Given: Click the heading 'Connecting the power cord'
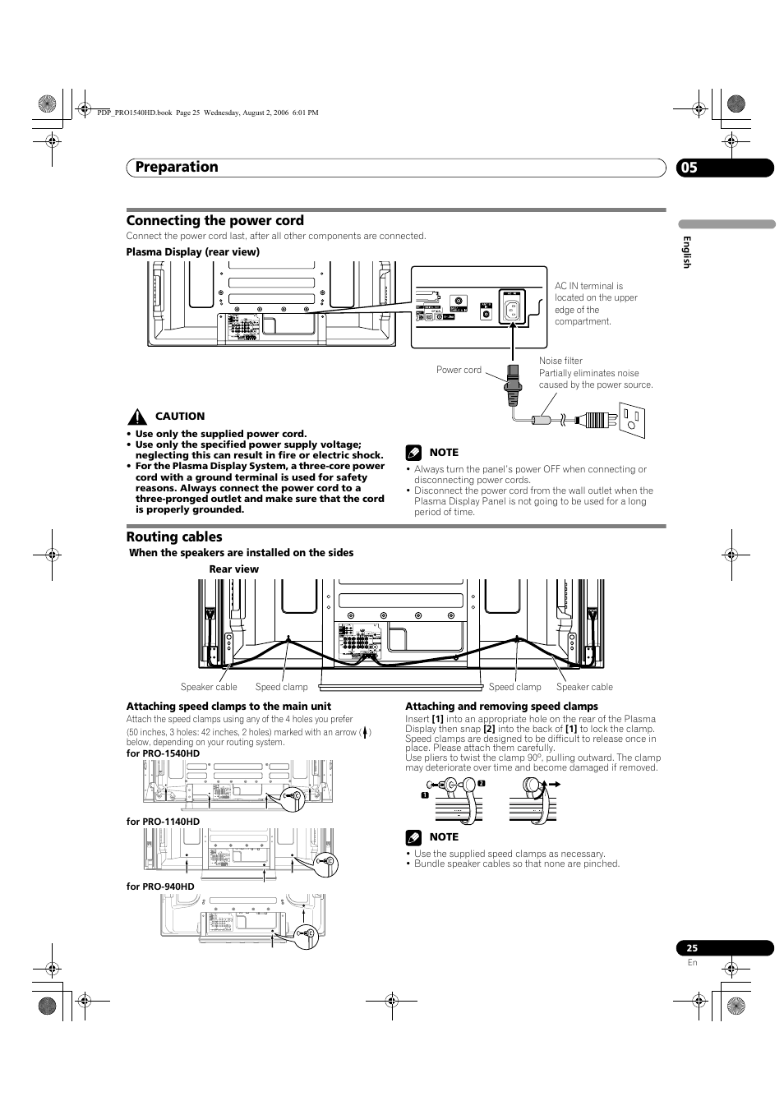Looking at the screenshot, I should [214, 220].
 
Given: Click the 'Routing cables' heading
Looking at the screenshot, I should [174, 537].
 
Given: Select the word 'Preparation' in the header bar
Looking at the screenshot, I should [177, 167].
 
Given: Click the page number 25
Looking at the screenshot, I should [692, 947].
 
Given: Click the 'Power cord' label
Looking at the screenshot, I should [459, 370].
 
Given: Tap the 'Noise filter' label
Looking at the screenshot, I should [560, 361].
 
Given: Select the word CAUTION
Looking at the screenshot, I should [180, 417].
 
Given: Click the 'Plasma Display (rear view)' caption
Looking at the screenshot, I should [192, 252].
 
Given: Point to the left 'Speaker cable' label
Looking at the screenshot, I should [209, 687].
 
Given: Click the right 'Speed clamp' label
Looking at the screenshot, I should [514, 687].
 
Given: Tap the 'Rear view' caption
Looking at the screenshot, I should [233, 569].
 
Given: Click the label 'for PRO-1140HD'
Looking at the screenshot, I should [163, 822].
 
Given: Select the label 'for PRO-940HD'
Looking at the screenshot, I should [160, 887].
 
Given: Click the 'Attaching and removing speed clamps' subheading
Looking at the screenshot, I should [501, 707].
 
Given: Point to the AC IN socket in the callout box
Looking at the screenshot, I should [512, 309].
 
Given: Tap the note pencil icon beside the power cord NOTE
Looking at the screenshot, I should [413, 452].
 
